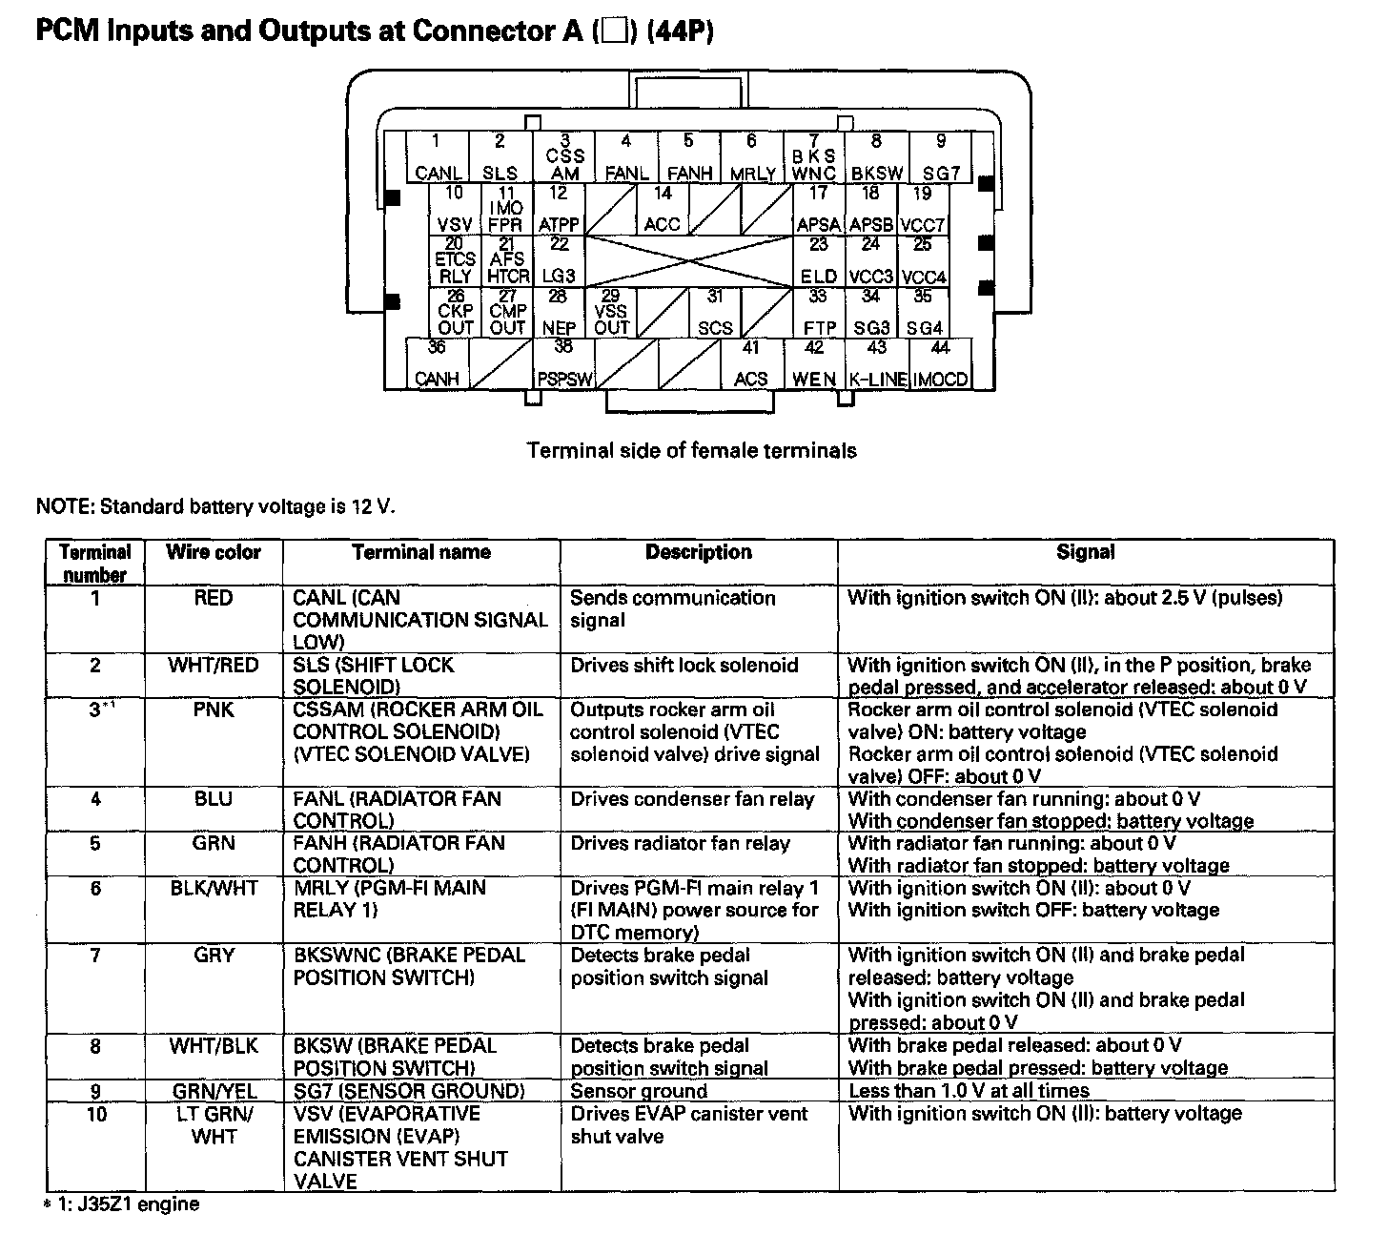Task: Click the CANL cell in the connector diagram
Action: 439,157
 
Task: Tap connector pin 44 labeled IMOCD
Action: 941,364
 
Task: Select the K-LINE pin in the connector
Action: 877,364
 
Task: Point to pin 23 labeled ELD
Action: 819,261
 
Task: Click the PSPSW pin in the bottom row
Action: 564,364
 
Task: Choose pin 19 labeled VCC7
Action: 922,210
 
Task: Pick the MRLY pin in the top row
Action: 752,157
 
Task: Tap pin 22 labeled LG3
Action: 559,261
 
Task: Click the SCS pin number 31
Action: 715,313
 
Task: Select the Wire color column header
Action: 214,552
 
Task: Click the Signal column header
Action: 1085,552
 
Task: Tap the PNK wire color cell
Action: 214,710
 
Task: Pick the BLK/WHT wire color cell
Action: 214,889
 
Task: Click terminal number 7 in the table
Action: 95,956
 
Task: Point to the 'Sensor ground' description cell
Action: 639,1091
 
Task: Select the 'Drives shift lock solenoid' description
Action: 684,666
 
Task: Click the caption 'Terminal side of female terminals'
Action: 691,450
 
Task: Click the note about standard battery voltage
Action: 214,505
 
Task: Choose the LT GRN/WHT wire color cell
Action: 214,1125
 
